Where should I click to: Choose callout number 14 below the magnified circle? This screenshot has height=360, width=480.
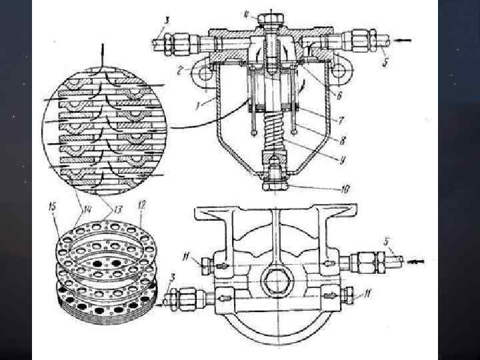(x=87, y=209)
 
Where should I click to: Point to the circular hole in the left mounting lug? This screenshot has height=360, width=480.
(x=203, y=70)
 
